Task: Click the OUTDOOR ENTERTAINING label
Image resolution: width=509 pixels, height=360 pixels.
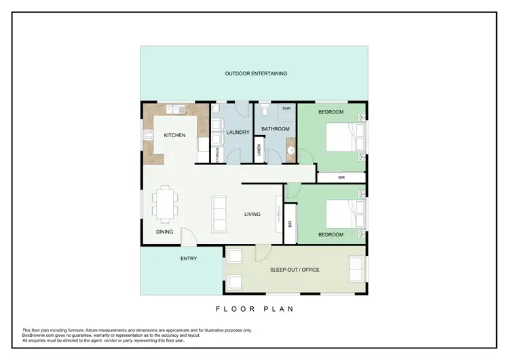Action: (256, 73)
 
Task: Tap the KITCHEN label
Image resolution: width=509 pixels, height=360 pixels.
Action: (174, 135)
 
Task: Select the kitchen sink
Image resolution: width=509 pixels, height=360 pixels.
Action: (174, 109)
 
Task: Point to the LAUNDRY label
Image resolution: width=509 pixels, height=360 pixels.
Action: (238, 132)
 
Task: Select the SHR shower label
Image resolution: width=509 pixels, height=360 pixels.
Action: (286, 108)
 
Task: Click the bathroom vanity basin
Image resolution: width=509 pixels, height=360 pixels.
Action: (290, 151)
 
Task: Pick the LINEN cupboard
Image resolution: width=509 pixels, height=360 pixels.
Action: (259, 151)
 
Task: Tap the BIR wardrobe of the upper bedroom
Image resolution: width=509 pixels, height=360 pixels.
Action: (341, 177)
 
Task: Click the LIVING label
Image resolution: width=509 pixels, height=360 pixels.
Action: (252, 215)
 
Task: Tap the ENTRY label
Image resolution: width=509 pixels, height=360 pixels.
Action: (189, 258)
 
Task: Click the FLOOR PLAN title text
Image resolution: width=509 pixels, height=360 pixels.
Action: (254, 308)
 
